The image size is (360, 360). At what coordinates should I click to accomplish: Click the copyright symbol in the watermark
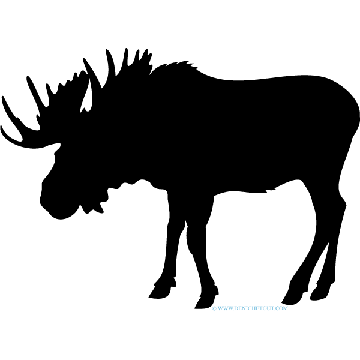(x=214, y=308)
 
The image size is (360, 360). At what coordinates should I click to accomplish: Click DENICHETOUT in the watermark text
(x=253, y=308)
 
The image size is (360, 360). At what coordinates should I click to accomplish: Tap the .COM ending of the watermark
(x=281, y=308)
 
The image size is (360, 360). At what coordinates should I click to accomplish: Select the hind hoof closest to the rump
(x=319, y=292)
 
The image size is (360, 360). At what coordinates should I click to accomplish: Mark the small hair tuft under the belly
(x=270, y=190)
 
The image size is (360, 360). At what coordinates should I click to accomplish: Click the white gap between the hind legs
(x=320, y=264)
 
